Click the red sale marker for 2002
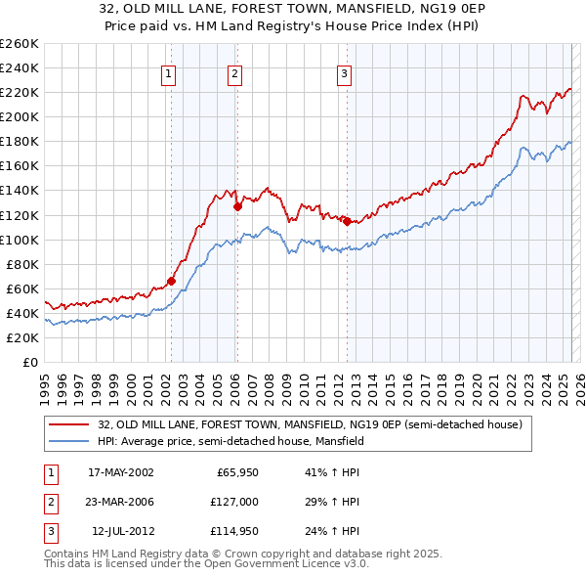171,281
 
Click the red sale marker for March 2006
237,206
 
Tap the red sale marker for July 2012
347,221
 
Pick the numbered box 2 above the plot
236,73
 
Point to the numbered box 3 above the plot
345,73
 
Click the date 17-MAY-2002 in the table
121,473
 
